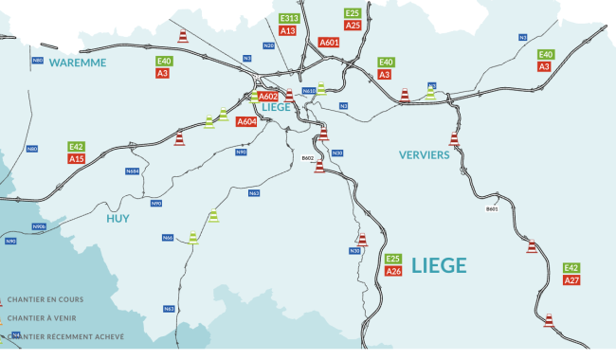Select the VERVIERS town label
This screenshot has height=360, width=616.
424,154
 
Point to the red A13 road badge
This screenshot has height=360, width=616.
289,31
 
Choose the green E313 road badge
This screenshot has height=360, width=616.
289,19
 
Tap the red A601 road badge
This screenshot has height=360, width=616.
329,43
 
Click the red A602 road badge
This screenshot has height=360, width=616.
268,96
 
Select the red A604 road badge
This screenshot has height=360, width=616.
246,122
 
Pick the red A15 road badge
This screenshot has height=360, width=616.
77,159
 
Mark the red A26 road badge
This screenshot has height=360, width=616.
393,272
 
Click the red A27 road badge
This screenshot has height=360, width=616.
571,280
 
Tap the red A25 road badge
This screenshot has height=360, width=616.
353,26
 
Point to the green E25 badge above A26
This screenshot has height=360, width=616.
393,259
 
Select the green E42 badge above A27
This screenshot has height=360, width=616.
571,268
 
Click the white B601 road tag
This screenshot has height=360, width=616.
492,208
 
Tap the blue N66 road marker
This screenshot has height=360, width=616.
168,237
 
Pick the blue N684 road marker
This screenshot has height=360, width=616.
132,171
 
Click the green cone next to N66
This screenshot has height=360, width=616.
193,237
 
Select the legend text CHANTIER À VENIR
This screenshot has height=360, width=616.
44,318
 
